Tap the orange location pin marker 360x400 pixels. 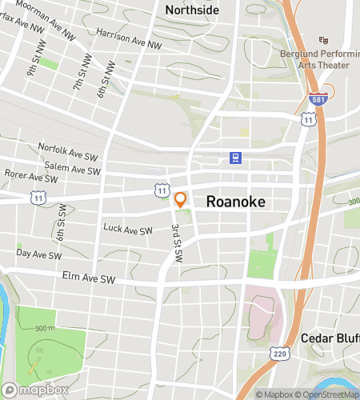[181, 199]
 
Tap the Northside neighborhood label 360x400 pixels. [191, 10]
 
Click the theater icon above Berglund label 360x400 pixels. [324, 40]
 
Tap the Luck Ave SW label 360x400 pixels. [127, 229]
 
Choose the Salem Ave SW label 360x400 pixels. [73, 168]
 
